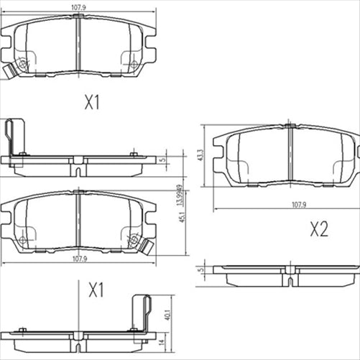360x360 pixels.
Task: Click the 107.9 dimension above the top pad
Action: [x=78, y=9]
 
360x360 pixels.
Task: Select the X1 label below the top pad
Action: [x=91, y=103]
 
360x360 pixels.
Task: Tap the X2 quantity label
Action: [x=318, y=229]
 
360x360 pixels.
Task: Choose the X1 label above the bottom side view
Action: [x=96, y=290]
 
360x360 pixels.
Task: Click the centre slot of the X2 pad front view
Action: [x=290, y=154]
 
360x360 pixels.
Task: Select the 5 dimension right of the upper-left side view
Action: [x=164, y=160]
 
